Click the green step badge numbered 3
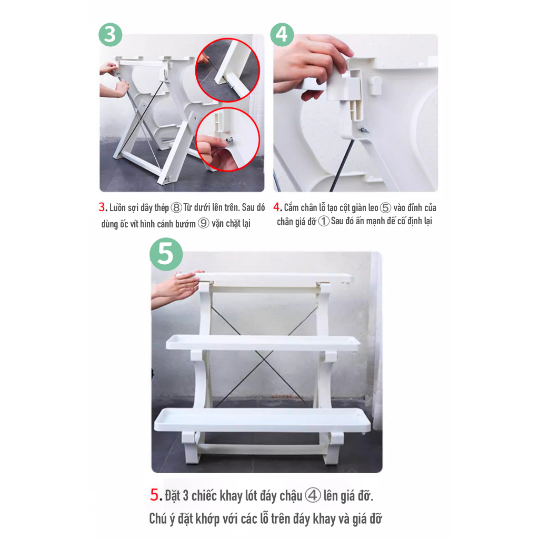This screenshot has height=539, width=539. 111,34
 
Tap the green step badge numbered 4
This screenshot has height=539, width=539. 282,34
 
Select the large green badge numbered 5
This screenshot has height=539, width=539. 166,254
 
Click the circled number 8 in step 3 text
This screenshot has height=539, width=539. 176,207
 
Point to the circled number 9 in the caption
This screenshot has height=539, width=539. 204,223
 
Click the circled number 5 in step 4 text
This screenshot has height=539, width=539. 386,207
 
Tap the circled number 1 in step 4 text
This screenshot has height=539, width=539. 324,221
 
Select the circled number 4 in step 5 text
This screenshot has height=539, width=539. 313,496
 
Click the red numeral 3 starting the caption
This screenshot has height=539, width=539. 102,207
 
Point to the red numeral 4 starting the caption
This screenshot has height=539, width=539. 276,207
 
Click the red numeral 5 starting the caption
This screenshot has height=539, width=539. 154,495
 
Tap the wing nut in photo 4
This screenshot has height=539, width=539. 364,131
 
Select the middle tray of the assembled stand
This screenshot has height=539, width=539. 263,343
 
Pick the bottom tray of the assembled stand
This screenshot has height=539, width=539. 262,420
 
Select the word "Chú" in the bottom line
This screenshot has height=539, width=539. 157,518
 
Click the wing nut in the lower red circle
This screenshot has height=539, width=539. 229,140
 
